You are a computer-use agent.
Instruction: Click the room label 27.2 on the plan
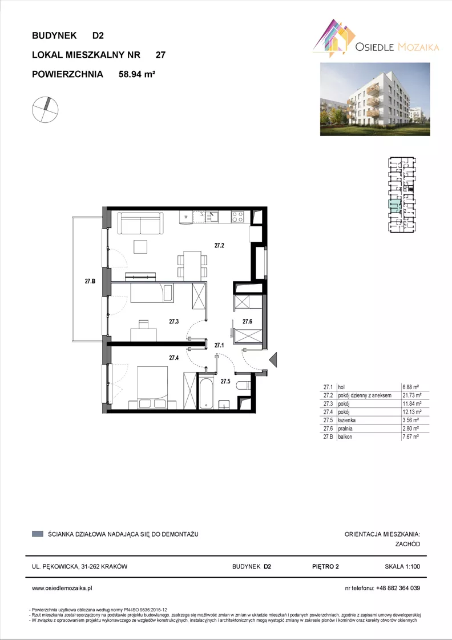click(220, 245)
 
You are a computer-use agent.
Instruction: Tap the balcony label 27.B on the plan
click(90, 281)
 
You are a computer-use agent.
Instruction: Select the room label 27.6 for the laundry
click(247, 322)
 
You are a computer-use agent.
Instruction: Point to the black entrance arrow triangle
click(273, 359)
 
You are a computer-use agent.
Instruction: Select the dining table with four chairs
click(192, 266)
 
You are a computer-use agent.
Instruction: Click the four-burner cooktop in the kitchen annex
click(237, 217)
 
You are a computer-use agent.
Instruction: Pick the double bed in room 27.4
click(152, 387)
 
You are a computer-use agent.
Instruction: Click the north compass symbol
click(45, 110)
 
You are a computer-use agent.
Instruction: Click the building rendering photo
click(375, 99)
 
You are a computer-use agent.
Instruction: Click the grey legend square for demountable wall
click(38, 534)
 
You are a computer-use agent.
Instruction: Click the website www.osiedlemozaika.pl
click(62, 588)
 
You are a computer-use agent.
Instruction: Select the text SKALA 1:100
click(402, 566)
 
